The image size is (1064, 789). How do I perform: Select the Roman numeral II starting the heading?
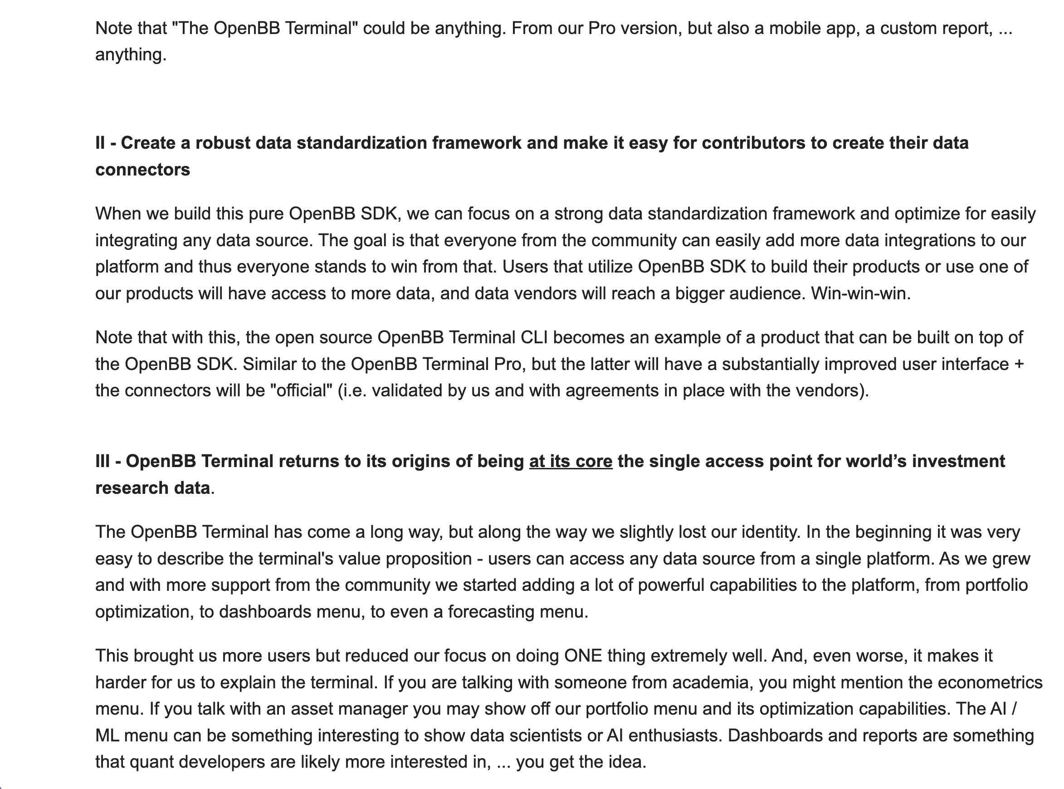(100, 143)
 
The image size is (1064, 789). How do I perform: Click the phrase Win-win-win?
(860, 293)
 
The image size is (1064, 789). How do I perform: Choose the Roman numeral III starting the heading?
(102, 461)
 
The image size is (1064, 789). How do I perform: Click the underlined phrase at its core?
(570, 461)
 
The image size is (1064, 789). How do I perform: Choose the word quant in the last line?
(151, 761)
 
